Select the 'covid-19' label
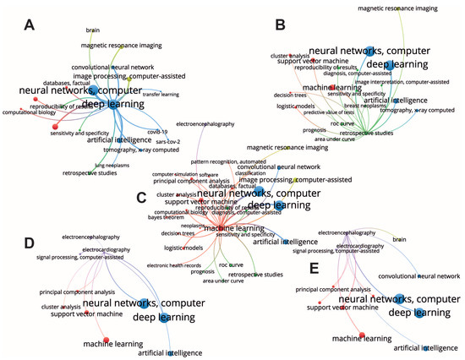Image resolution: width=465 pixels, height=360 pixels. pyautogui.click(x=157, y=131)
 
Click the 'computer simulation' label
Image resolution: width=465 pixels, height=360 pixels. pyautogui.click(x=173, y=174)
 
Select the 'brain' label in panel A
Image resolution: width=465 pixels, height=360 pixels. pyautogui.click(x=93, y=30)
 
